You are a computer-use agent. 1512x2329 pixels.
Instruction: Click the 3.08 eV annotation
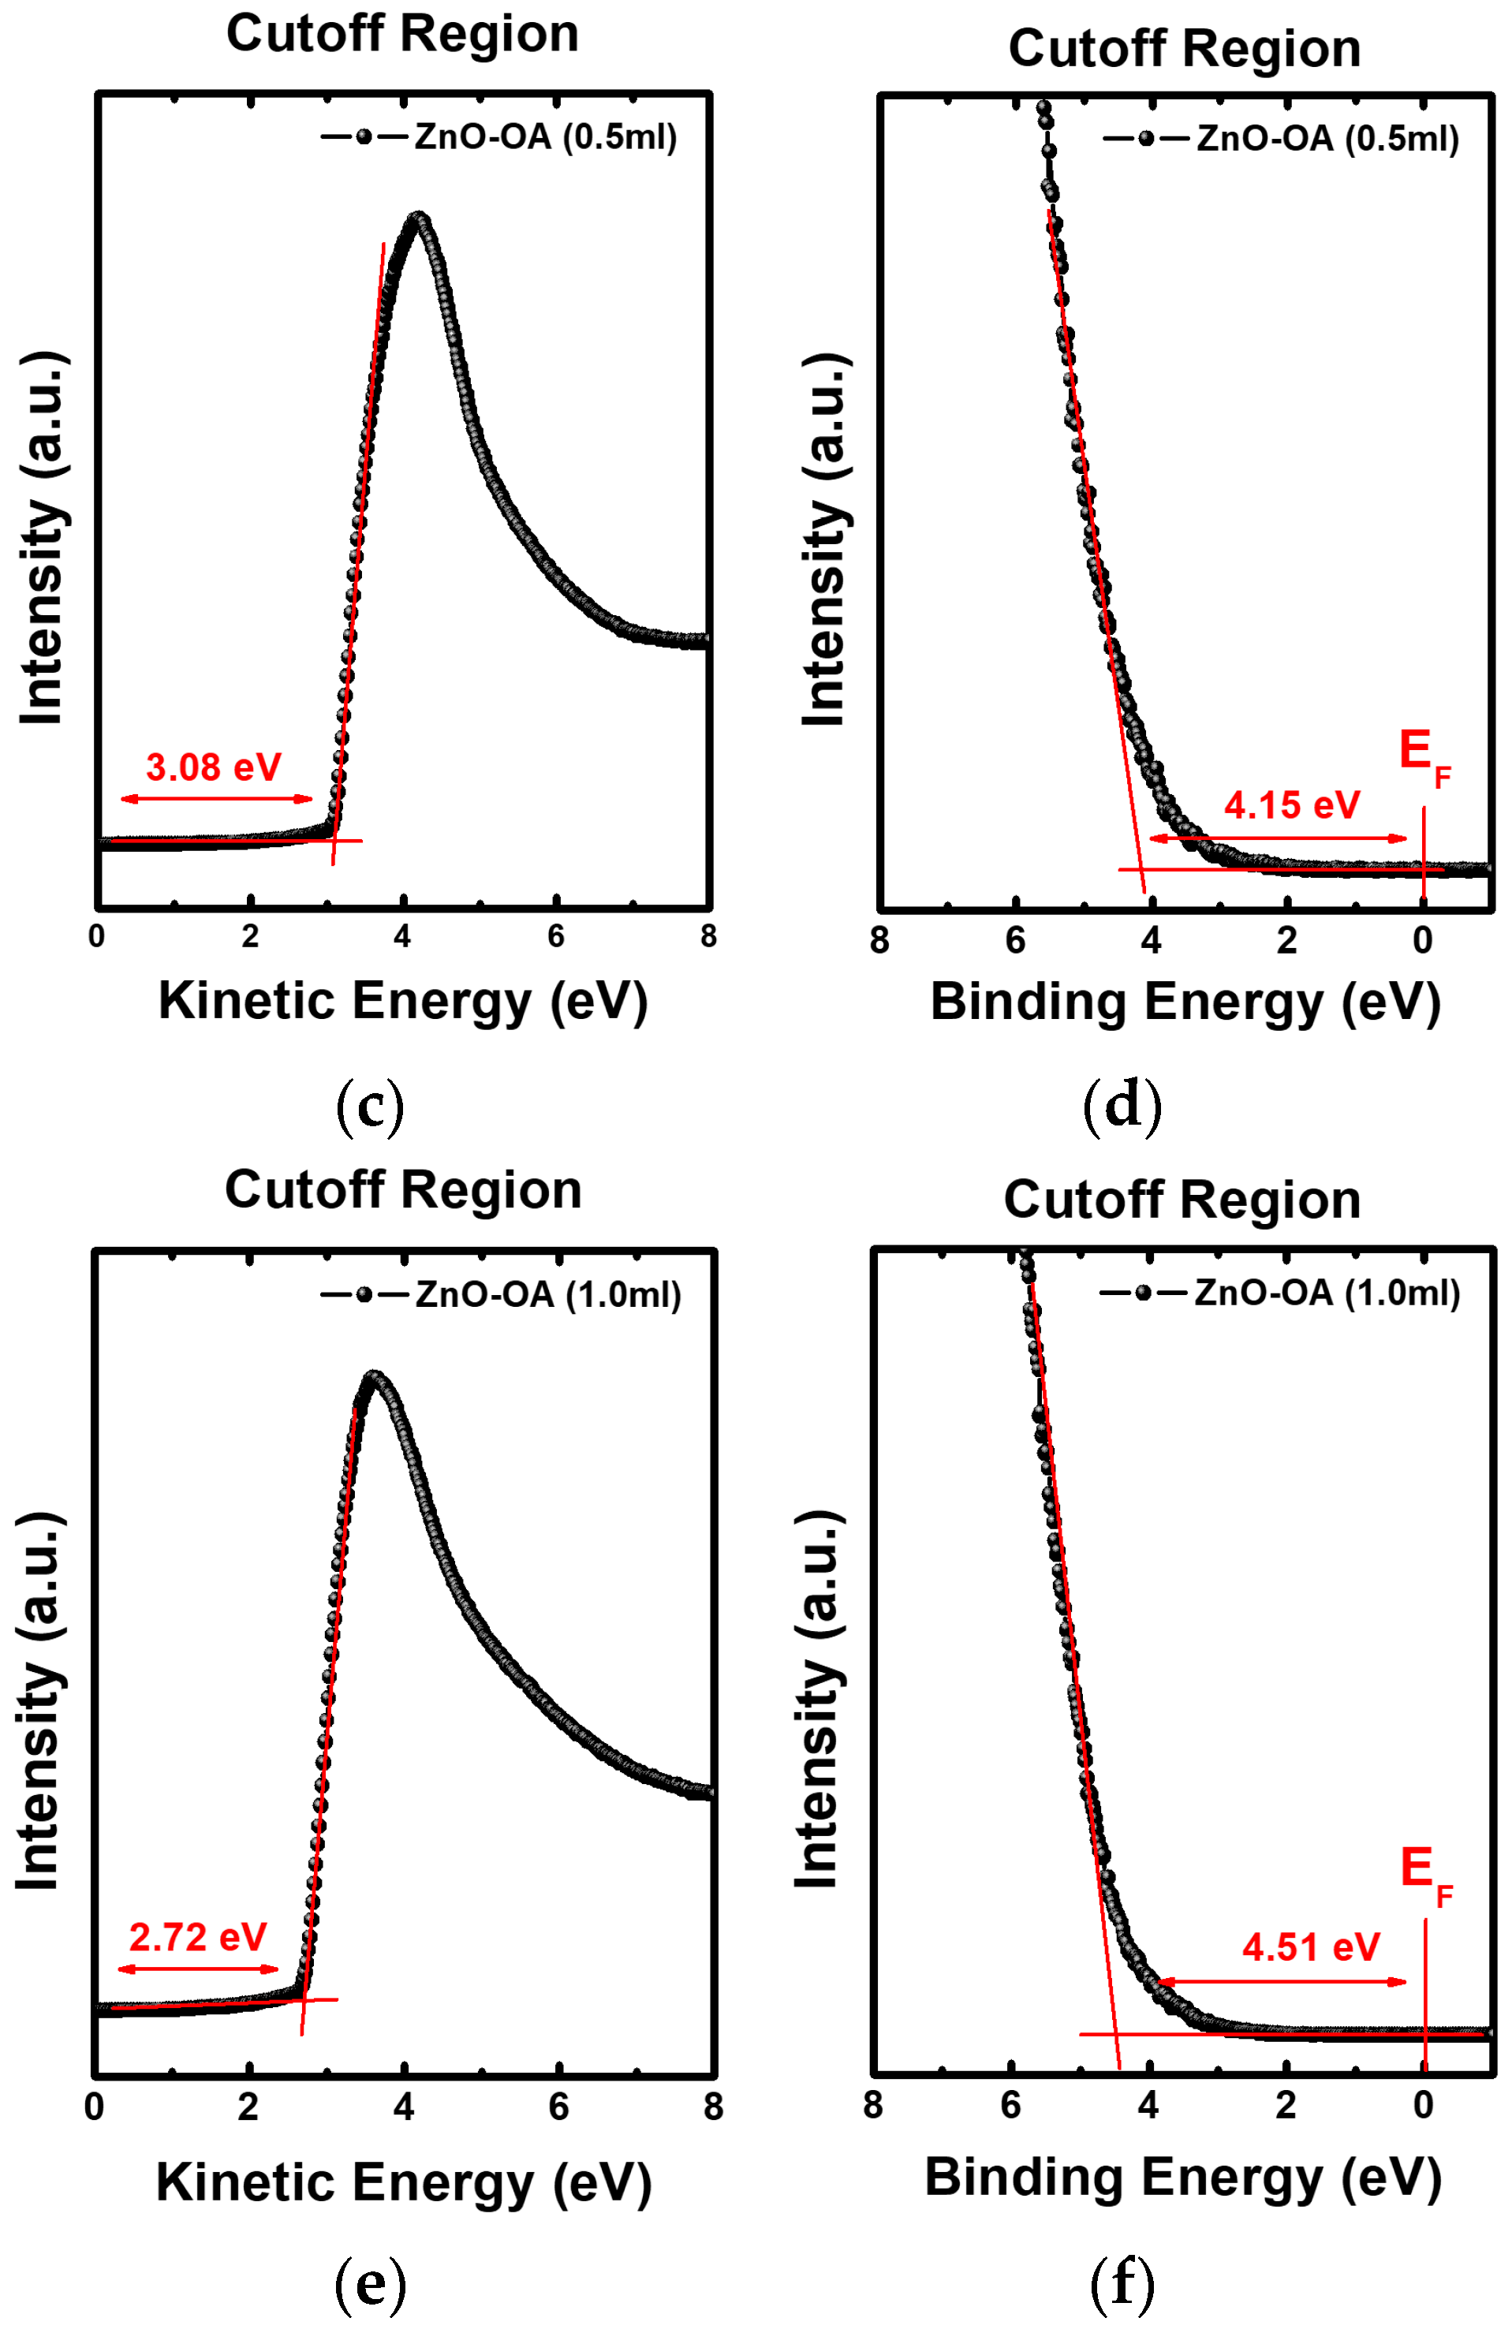(213, 767)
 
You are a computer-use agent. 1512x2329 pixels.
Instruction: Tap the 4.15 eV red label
(1291, 804)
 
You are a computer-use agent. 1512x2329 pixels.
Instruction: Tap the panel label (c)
(369, 1105)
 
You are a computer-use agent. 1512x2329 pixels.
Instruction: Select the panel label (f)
(1122, 2281)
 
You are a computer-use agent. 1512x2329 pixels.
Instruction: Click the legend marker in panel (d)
(1145, 139)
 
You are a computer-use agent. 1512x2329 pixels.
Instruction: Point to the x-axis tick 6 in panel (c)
(556, 935)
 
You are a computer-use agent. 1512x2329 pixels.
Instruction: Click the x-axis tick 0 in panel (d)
(1422, 939)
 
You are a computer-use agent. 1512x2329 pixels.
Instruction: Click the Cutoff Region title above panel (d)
(1184, 48)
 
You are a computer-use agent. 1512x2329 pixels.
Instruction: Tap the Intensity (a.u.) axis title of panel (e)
(39, 1700)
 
